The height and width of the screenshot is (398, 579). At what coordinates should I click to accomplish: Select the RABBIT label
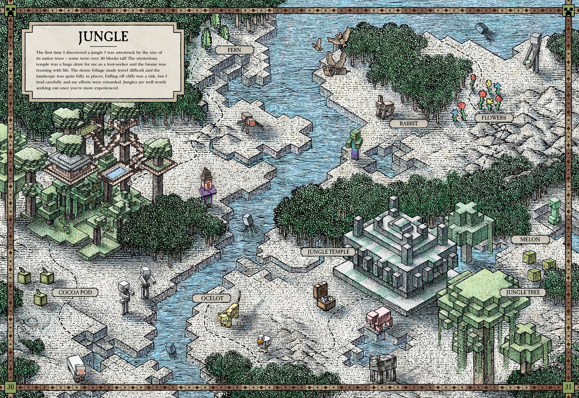coord(404,124)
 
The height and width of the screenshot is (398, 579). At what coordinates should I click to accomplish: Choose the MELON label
coord(530,239)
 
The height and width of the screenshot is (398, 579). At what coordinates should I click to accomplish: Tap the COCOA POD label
coord(75,292)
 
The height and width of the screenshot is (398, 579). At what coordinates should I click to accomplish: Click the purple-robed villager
coord(207,187)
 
